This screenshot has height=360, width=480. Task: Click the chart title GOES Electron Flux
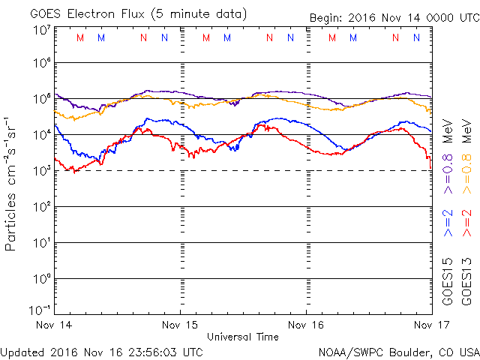point(87,14)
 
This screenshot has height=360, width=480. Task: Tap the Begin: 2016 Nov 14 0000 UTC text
point(394,18)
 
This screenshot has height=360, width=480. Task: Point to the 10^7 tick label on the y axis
point(42,31)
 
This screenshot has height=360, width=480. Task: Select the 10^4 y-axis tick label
point(42,134)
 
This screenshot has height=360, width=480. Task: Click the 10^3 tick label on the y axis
point(42,170)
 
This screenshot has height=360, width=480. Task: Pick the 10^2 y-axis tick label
point(42,207)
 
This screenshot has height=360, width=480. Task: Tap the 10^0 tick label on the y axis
point(42,278)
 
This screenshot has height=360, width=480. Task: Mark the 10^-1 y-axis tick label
point(40,310)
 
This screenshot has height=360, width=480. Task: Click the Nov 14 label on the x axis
point(54,325)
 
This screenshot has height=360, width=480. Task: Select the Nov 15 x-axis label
point(180,325)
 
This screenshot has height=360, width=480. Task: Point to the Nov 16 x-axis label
point(306,325)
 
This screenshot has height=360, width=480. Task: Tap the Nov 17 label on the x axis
point(432,325)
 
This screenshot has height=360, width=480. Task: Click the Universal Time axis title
point(243,337)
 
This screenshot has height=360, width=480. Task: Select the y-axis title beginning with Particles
point(10,184)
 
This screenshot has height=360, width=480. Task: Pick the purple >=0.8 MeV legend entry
point(448,156)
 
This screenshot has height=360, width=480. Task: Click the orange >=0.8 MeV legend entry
point(466,156)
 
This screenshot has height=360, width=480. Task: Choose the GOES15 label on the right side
point(448,282)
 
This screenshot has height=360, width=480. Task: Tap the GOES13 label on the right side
point(466,282)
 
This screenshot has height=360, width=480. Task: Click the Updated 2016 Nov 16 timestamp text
point(102,352)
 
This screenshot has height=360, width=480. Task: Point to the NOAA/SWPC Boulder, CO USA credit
point(399,352)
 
